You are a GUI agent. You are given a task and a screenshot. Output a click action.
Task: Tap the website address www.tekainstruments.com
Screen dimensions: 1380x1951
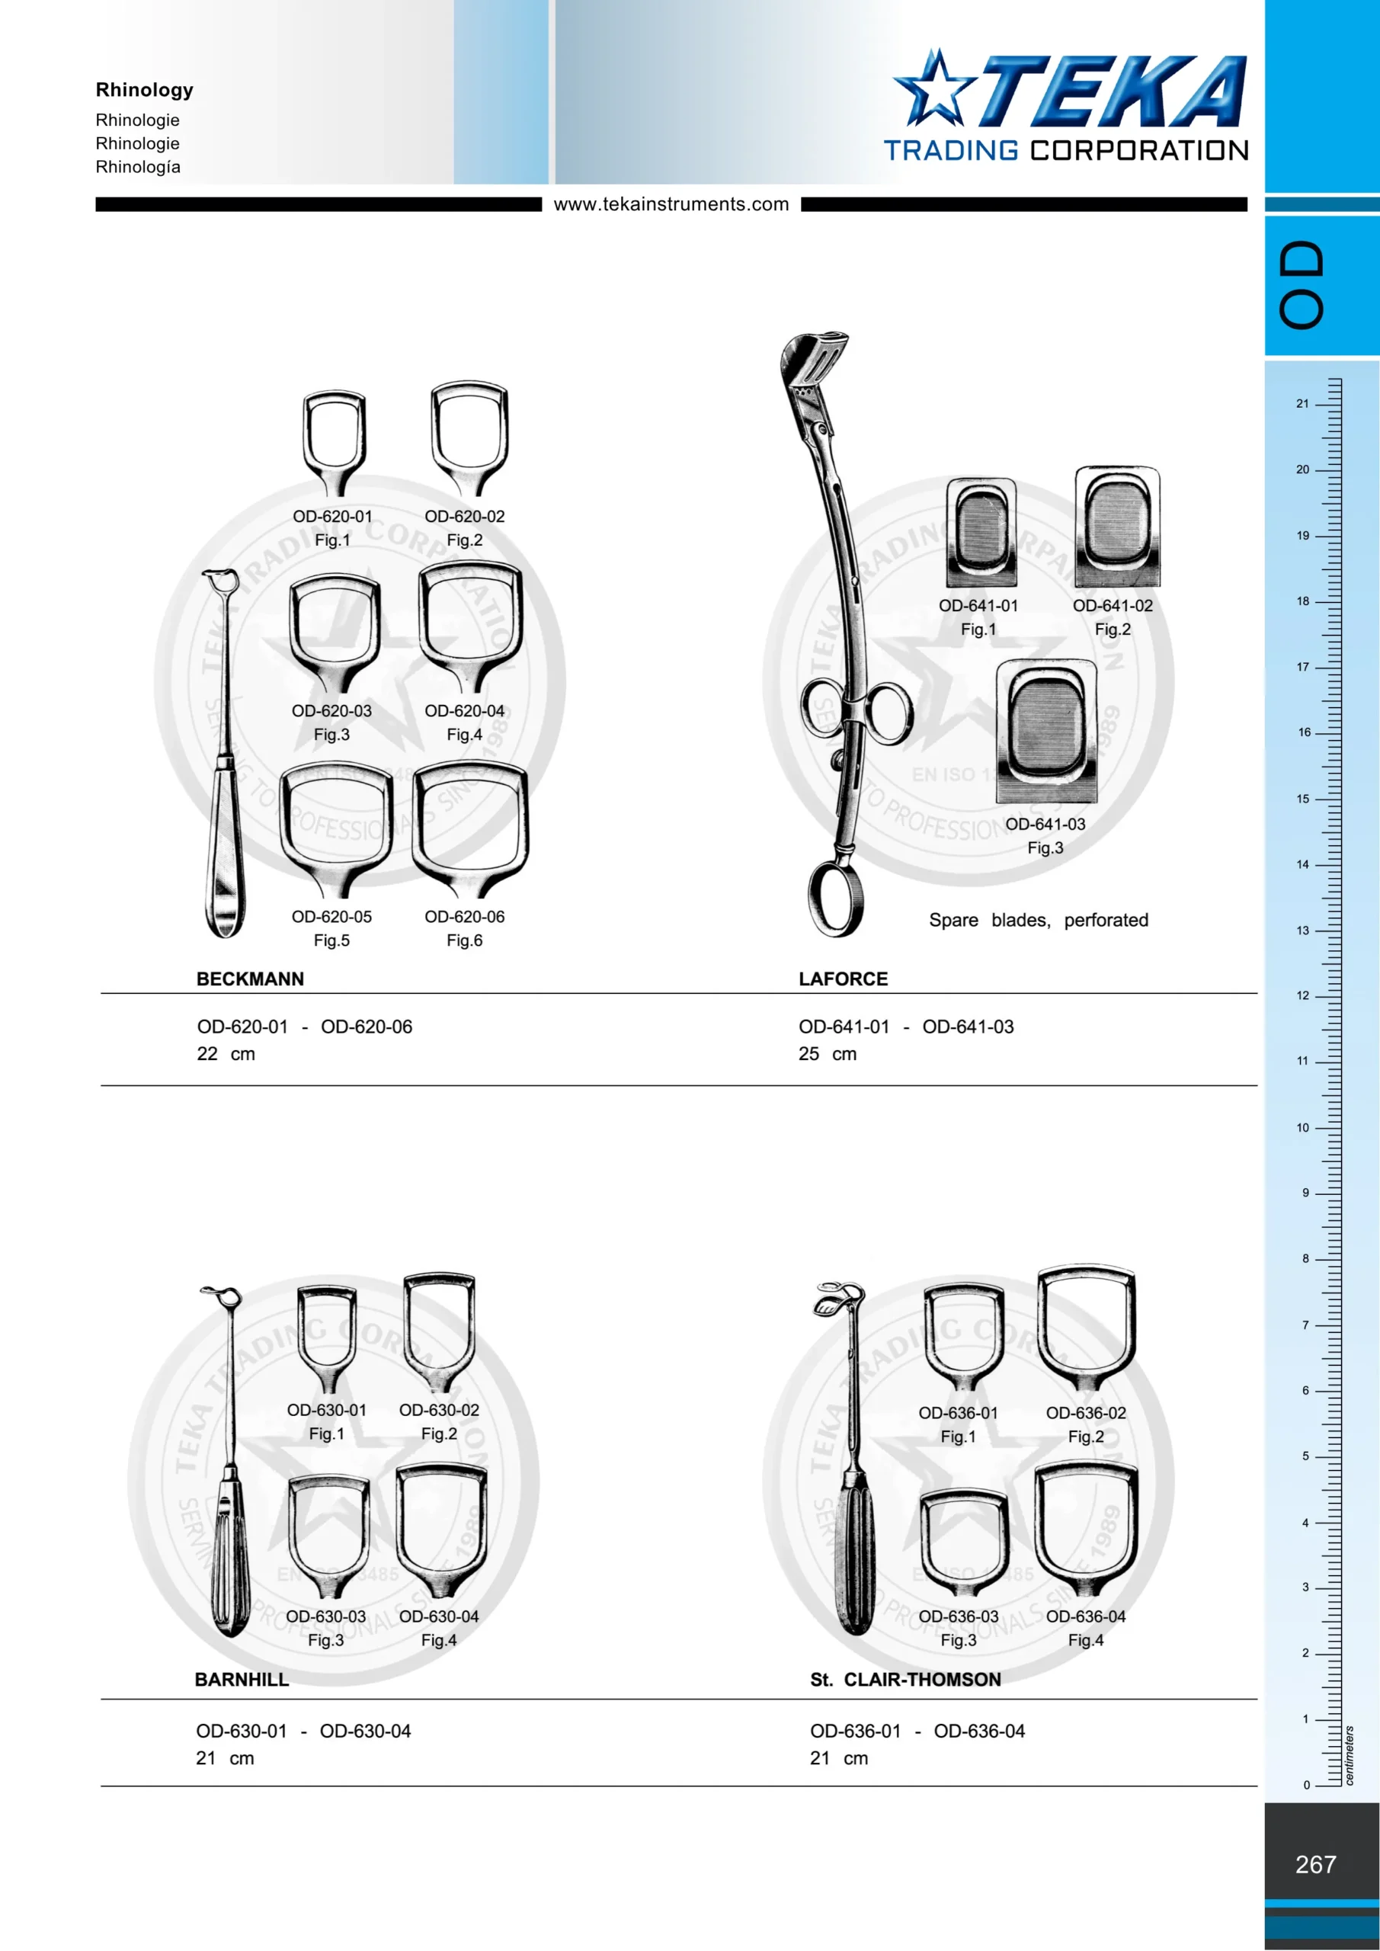(x=671, y=204)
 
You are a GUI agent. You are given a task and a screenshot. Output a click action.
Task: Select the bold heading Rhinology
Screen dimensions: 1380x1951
(x=145, y=90)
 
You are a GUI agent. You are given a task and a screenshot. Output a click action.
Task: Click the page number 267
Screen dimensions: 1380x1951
(x=1315, y=1864)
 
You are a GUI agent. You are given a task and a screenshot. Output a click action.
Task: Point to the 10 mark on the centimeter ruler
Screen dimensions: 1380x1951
(x=1303, y=1128)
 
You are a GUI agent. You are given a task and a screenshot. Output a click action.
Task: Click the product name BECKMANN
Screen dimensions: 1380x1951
(x=250, y=979)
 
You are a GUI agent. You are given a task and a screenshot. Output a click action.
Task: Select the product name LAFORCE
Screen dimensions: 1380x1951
(x=843, y=979)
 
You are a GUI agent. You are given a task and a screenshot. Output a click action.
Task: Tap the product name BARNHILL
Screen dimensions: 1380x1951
(x=242, y=1679)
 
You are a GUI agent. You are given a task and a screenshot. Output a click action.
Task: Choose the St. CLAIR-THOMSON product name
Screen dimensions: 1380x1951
(x=905, y=1679)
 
